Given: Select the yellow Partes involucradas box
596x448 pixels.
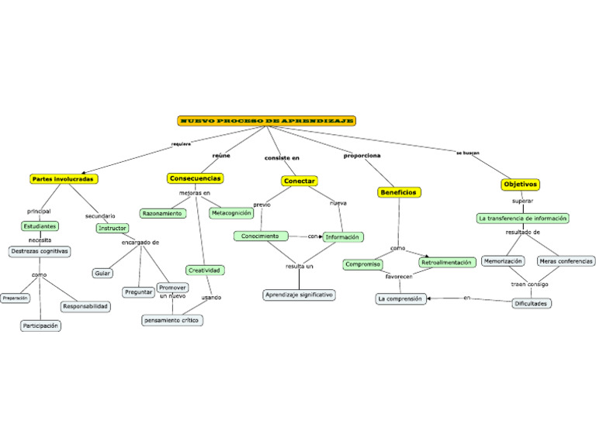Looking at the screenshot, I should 64,179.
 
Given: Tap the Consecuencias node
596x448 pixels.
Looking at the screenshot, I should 196,178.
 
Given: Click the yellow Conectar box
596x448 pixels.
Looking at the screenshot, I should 299,181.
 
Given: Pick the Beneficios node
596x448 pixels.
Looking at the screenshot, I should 399,191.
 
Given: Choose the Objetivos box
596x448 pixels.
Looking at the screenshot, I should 521,184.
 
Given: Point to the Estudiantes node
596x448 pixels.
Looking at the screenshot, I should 40,226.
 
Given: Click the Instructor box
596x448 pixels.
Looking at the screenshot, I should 113,228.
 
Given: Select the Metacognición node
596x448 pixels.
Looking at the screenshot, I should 231,212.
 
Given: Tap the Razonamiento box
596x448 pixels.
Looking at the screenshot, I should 163,212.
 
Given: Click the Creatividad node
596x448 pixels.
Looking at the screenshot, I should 205,270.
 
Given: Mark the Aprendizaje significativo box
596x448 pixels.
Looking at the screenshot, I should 300,295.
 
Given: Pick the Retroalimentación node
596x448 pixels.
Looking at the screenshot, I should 447,263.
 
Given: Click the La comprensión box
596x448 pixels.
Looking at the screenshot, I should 400,298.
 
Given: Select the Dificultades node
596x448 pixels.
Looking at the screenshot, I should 532,303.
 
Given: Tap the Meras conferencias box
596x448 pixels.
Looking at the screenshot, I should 566,261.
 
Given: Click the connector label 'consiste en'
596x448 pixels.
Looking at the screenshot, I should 282,158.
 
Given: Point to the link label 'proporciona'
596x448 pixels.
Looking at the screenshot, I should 362,156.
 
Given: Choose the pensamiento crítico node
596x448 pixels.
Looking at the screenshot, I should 172,319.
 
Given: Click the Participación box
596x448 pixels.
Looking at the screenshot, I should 40,326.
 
